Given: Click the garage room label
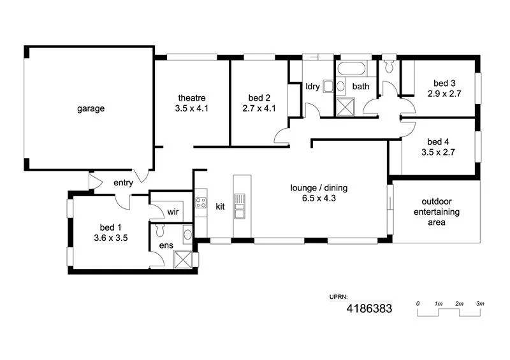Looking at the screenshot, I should [x=91, y=109].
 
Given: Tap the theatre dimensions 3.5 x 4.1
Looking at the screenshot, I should [x=192, y=108].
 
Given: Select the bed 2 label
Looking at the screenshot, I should [x=259, y=98].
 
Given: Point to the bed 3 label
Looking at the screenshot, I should [x=444, y=83].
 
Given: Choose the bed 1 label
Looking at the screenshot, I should [x=108, y=227].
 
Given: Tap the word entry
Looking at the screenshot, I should [x=123, y=184].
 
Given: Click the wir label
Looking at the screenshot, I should [x=172, y=212].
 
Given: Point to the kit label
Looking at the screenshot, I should [x=221, y=206].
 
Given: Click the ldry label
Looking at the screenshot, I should [x=312, y=87].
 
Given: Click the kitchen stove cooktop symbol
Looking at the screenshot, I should [x=201, y=204].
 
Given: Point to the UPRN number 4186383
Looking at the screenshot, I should [x=369, y=309].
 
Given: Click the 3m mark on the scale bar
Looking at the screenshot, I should [x=480, y=304].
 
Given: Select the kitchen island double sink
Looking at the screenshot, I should [x=240, y=206].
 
